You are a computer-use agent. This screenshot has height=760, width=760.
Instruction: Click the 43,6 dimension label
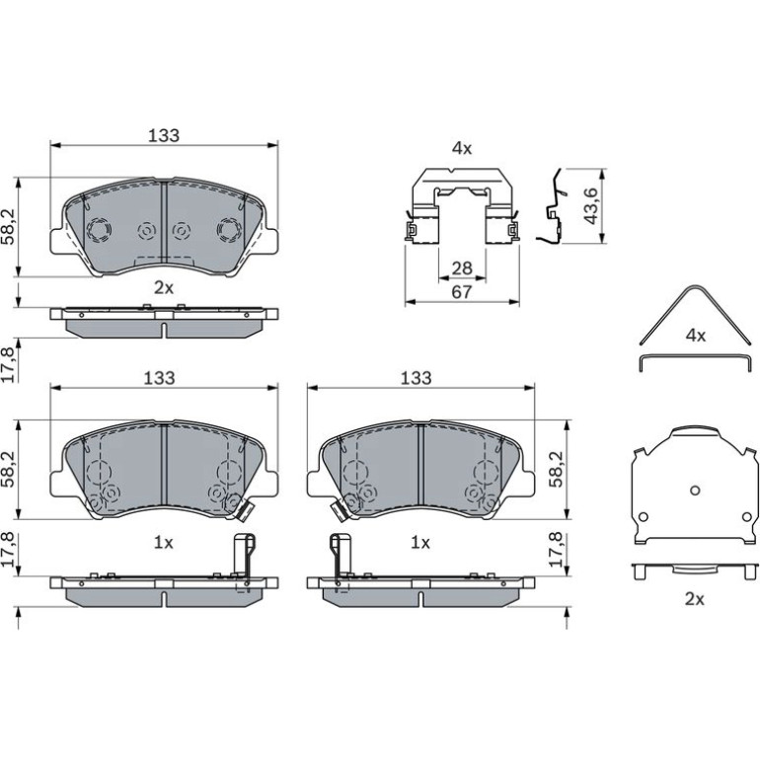click(591, 206)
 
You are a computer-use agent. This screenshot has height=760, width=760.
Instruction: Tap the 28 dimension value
click(462, 268)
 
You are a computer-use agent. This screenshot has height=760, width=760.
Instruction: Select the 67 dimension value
click(462, 292)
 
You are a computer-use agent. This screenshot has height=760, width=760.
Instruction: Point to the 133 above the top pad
click(164, 136)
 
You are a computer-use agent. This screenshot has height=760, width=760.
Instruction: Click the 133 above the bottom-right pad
click(416, 378)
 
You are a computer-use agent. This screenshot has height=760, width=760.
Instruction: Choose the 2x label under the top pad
click(164, 288)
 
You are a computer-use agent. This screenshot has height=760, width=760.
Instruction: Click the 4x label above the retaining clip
click(462, 148)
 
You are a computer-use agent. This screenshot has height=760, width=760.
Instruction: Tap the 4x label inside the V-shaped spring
click(696, 335)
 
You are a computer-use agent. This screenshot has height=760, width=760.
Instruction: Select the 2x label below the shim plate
click(695, 599)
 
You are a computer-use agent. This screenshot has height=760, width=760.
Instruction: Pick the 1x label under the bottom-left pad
click(163, 543)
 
